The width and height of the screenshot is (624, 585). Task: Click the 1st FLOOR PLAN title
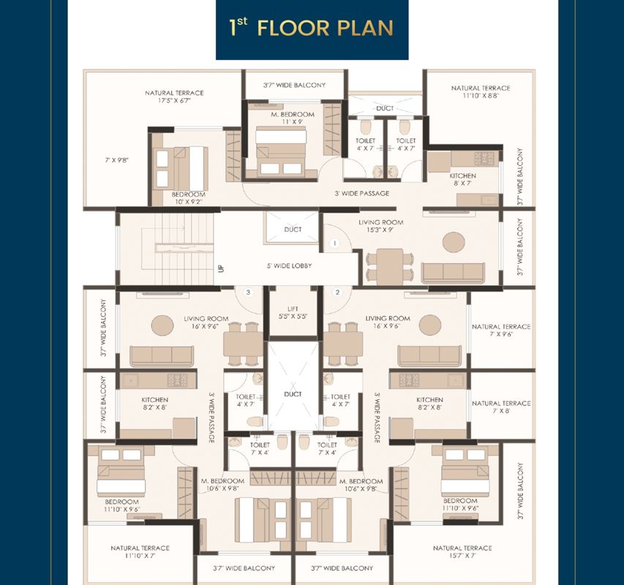click(x=311, y=28)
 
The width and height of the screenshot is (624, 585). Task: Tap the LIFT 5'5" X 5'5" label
click(x=293, y=312)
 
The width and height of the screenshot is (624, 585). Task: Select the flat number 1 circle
click(x=335, y=243)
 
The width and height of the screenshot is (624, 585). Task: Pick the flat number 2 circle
click(x=337, y=292)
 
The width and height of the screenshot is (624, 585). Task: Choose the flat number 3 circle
click(x=248, y=292)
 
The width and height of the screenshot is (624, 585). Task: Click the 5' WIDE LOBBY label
click(x=289, y=265)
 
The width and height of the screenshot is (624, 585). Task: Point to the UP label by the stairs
click(x=221, y=268)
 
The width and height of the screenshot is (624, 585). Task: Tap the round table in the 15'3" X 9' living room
click(x=454, y=242)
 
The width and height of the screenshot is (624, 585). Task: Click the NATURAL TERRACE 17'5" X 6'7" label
click(x=174, y=97)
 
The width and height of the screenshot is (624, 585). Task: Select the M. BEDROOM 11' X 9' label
click(x=293, y=118)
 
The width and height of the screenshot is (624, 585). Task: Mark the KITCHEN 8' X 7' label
click(x=462, y=179)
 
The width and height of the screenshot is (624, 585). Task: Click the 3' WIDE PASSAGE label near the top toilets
click(x=362, y=193)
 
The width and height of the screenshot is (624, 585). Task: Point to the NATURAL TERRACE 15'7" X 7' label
click(x=462, y=551)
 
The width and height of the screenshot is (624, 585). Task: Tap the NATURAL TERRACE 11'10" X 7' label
click(x=140, y=551)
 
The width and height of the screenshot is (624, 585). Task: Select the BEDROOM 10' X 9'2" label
click(x=189, y=198)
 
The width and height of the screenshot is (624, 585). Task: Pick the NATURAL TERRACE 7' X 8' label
click(x=501, y=407)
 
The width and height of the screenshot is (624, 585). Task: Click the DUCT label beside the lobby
click(x=293, y=230)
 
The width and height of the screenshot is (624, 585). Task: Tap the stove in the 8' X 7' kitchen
click(x=484, y=159)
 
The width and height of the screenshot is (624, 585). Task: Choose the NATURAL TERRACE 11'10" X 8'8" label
click(x=481, y=92)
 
